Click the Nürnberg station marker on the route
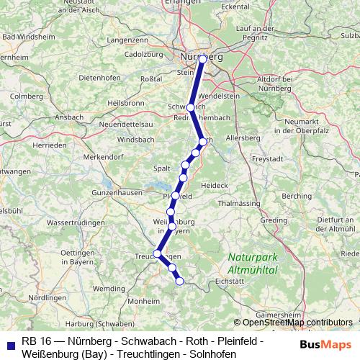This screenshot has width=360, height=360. click(x=203, y=59)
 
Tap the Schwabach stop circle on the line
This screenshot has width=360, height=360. click(x=190, y=107)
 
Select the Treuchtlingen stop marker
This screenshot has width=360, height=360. click(x=157, y=253)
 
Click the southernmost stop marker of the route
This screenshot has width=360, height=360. click(x=180, y=282)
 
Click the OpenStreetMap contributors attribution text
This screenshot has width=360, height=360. click(x=294, y=323)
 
